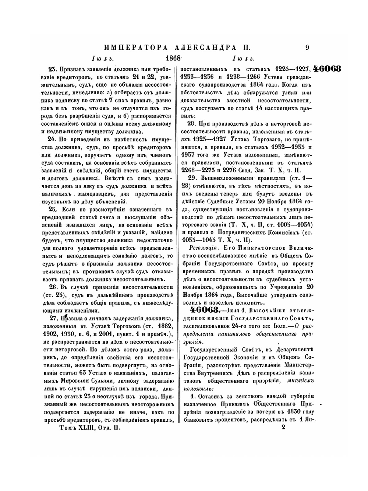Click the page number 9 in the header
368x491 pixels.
307,48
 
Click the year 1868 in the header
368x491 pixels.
173,59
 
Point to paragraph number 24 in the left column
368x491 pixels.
52,139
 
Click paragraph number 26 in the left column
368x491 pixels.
53,287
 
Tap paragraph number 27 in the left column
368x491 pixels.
53,318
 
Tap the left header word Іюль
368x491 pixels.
102,59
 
